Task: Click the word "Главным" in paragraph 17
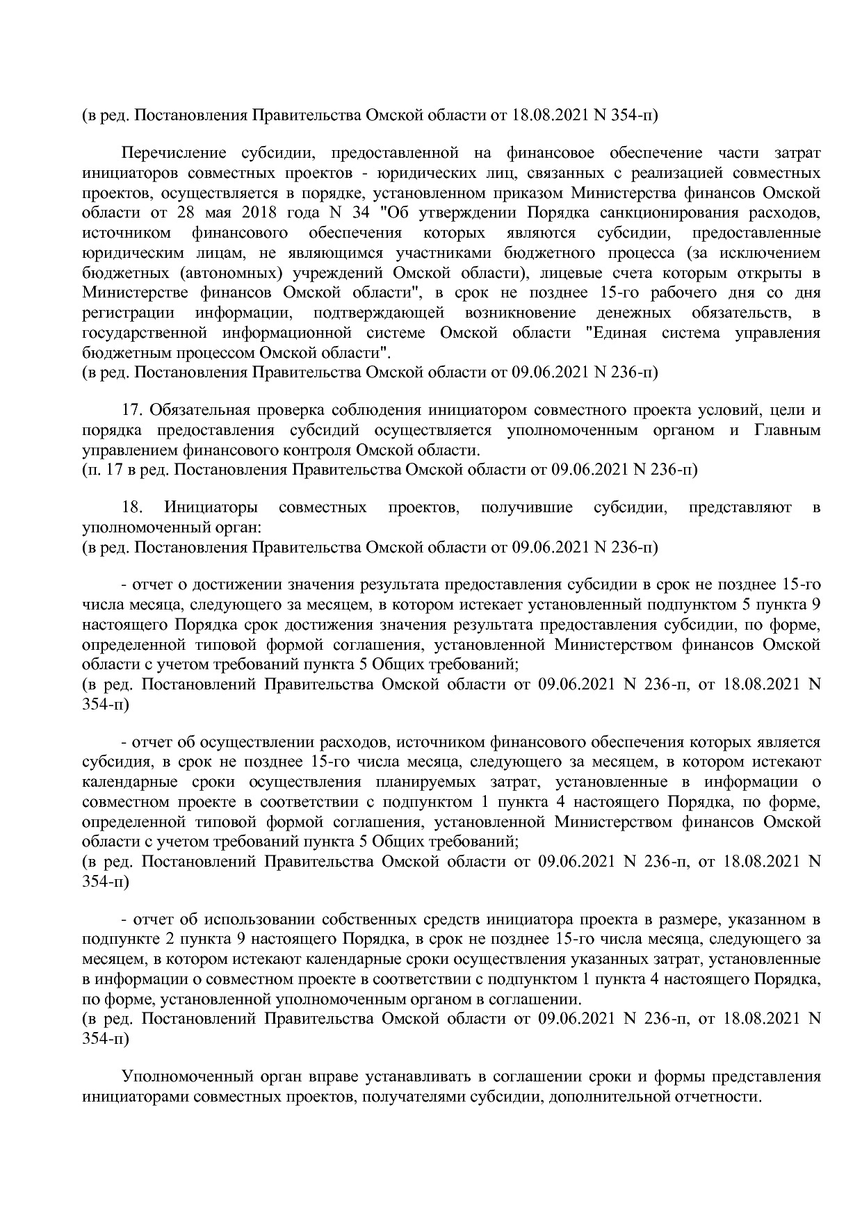[787, 430]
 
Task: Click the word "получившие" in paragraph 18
[526, 507]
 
